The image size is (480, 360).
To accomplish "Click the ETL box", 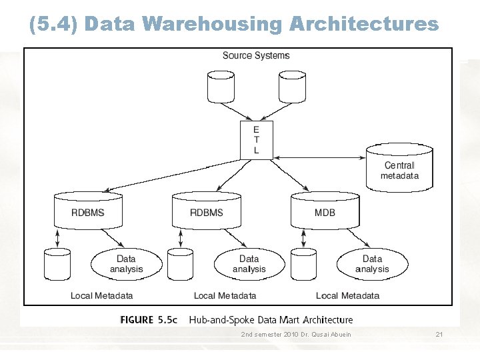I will [x=257, y=140].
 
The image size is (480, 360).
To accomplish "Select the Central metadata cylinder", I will [x=399, y=169].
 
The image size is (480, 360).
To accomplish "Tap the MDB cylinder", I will [x=325, y=211].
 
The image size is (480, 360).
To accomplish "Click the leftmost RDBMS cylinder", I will [x=87, y=211].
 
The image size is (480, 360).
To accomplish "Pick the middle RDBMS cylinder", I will [x=206, y=211].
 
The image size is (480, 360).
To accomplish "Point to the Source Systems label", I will [x=256, y=55].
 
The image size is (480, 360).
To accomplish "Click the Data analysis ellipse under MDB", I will [x=372, y=264].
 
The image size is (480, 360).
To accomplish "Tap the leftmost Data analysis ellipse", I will [x=126, y=264].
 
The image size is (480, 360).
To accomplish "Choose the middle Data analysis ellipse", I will [x=249, y=264].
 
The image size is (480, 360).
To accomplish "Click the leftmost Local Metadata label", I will [x=102, y=295].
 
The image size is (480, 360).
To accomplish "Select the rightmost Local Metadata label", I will [x=347, y=295].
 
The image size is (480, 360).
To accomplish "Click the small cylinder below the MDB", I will [x=303, y=264].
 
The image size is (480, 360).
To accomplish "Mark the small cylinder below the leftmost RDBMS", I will [x=57, y=264].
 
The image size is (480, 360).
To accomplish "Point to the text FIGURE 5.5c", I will [x=149, y=320].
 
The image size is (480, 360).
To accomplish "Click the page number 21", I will [x=439, y=333].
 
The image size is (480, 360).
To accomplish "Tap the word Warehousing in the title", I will [x=212, y=25].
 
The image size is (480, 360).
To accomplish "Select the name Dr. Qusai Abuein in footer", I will [x=327, y=333].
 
